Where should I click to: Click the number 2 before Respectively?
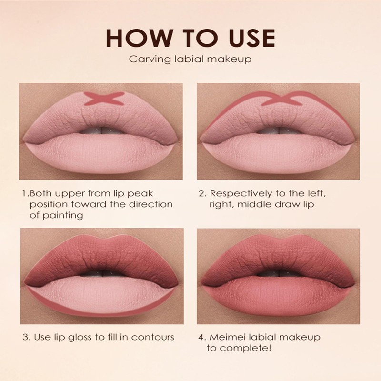202,194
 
